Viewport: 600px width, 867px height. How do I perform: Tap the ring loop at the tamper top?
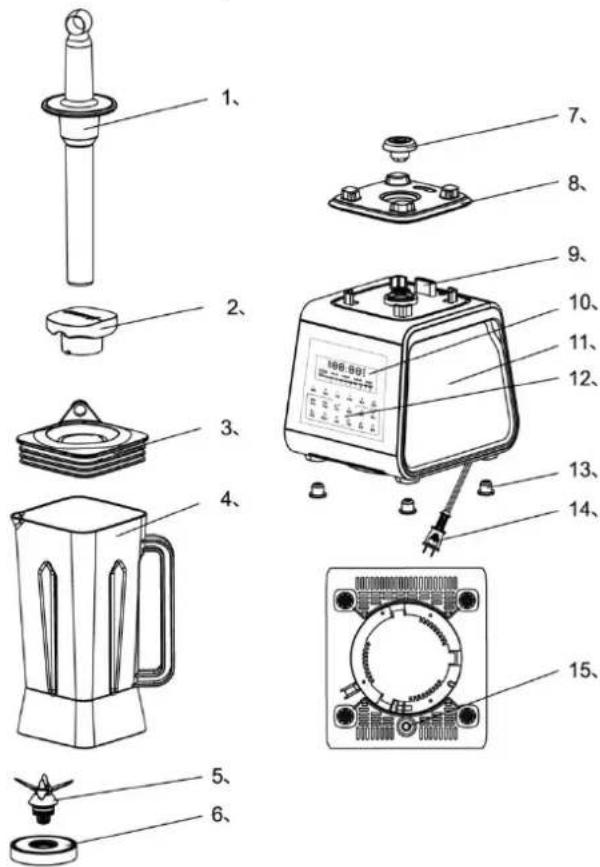(78, 21)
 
